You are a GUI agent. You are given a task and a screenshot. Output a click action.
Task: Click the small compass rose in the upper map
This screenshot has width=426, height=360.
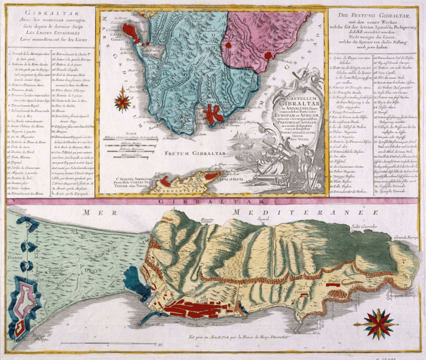point(123,103)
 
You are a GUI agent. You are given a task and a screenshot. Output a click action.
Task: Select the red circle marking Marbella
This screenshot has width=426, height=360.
point(231,46)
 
